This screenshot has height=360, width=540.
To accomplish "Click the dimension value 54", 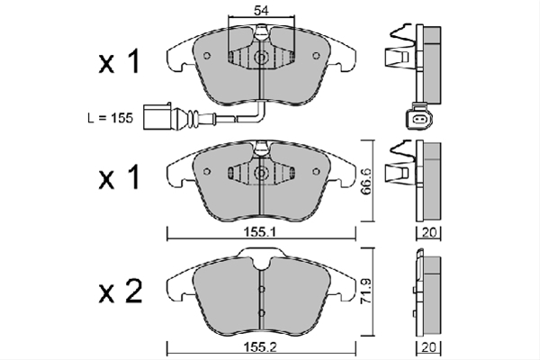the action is pos(261,10).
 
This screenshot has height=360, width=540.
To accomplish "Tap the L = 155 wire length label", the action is pos(110,118).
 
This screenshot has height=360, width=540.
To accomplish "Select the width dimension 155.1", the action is pos(260,233).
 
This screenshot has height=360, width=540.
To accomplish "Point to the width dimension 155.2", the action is pos(260,347).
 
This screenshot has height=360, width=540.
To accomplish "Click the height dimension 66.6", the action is pos(366,181).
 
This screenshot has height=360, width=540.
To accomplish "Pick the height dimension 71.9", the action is pos(366,292).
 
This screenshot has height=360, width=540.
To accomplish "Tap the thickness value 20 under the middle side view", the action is pos(429,233).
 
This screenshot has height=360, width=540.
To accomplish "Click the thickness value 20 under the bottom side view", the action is pos(429,347).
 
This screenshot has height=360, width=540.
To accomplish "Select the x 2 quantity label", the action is pos(121,291).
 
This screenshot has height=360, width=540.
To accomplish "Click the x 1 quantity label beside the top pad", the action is pos(119,61).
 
